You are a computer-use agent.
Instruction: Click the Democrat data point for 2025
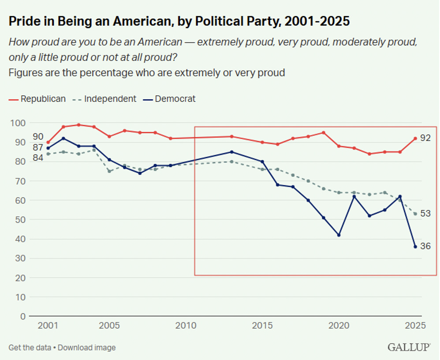coord(415,247)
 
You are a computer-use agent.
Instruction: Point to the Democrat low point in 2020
coord(339,235)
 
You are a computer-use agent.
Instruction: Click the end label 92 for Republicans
coord(425,138)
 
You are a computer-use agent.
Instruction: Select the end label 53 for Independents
coord(425,214)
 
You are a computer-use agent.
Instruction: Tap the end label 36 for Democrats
coord(425,247)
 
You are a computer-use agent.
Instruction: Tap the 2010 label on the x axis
coord(186,326)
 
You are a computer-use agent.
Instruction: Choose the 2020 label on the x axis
coord(339,326)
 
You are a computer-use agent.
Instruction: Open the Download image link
coord(87,348)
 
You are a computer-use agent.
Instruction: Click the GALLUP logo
coord(409,347)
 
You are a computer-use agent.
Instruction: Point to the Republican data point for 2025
coord(415,138)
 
